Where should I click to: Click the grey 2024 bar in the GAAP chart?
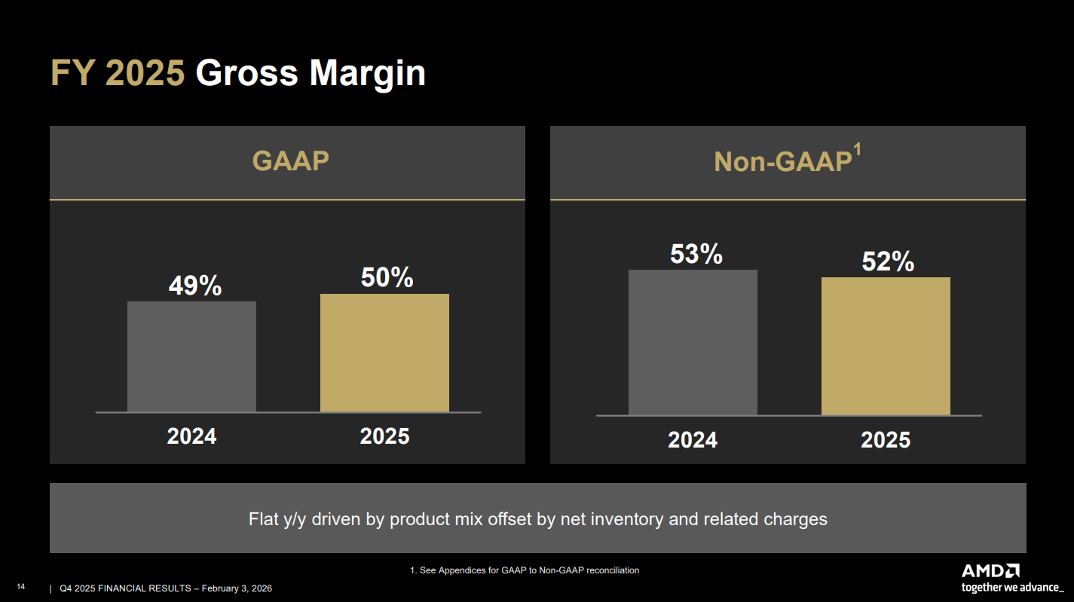191,356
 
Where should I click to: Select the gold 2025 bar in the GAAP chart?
384,353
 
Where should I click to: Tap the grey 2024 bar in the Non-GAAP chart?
693,342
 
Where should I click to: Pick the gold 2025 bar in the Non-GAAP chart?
886,346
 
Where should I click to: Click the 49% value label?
194,286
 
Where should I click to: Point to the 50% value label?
387,278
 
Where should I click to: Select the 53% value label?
696,254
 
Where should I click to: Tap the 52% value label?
888,261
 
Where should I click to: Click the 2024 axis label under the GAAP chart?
191,436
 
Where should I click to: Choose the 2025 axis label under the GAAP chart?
384,436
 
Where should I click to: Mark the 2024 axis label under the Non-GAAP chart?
693,440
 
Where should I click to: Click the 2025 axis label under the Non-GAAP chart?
886,440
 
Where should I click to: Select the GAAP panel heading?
290,161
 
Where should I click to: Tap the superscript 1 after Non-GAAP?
857,151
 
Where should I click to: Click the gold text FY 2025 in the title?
117,74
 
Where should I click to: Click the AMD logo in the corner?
990,570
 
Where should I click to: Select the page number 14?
21,587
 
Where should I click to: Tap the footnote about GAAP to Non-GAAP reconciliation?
525,570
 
